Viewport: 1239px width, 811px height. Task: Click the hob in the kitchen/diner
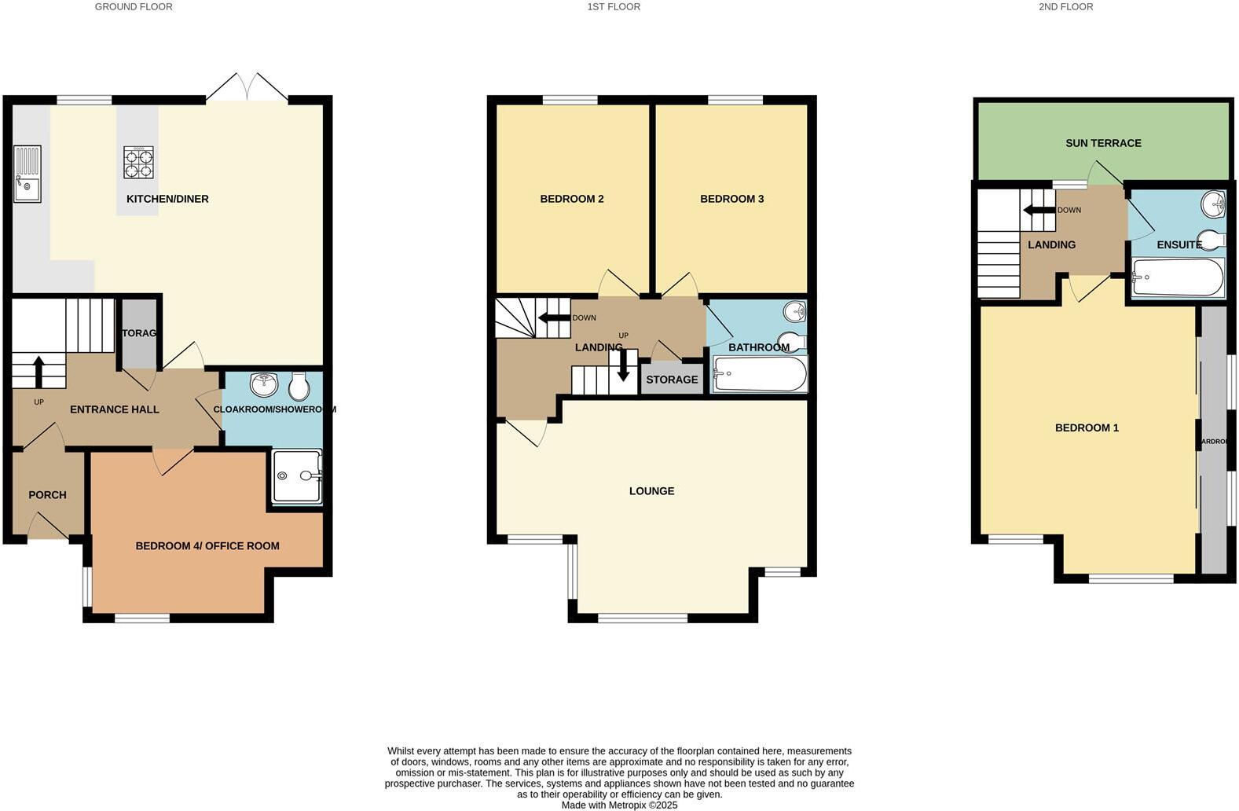[138, 163]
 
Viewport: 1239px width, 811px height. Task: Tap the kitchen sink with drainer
[27, 174]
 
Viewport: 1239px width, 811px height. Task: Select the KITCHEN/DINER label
[167, 199]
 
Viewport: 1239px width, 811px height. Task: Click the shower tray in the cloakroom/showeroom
[296, 476]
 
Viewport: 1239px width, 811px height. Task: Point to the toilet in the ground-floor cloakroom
[298, 386]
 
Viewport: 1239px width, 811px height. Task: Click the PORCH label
[47, 495]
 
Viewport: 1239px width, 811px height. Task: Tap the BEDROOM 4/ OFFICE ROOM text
[207, 546]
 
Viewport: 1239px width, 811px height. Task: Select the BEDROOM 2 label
[572, 199]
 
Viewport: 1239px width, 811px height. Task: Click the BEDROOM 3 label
[732, 199]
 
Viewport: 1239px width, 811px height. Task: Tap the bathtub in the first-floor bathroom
[759, 375]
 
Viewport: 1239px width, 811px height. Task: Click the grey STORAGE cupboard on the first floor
[672, 380]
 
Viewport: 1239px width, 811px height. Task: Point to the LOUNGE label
[651, 491]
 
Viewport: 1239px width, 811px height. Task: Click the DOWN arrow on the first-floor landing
[554, 318]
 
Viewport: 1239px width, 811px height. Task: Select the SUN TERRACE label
[1103, 143]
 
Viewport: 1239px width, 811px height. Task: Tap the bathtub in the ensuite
[1177, 278]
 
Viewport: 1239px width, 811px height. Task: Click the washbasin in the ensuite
[1213, 204]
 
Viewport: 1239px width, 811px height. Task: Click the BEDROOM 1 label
[1087, 428]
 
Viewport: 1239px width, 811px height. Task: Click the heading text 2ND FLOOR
[1065, 6]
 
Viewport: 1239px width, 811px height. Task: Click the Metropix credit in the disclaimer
[619, 805]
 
